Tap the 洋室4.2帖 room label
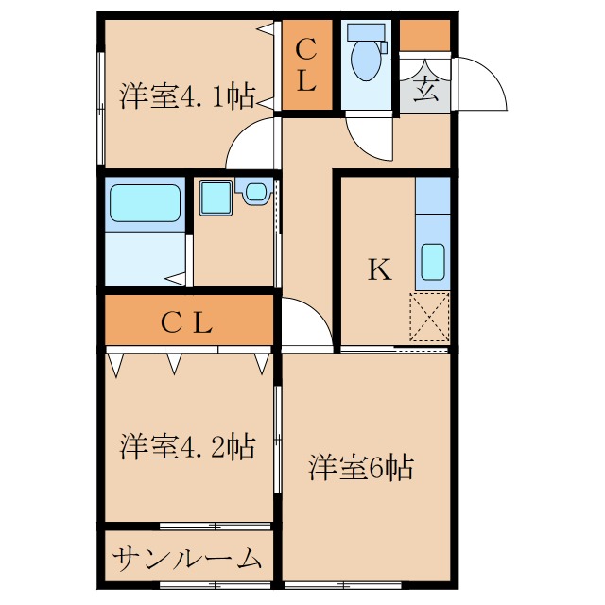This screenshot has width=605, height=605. [187, 446]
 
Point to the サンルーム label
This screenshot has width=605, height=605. [187, 559]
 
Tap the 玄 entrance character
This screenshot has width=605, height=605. [424, 93]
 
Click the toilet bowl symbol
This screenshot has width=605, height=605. [365, 61]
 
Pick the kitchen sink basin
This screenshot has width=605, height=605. [432, 263]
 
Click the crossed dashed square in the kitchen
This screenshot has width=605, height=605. [429, 318]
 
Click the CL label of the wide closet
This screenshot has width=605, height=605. [186, 323]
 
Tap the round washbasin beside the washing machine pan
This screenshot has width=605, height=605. [255, 194]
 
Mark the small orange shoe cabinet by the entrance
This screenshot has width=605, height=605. [424, 36]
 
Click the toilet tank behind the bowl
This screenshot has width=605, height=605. [366, 31]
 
